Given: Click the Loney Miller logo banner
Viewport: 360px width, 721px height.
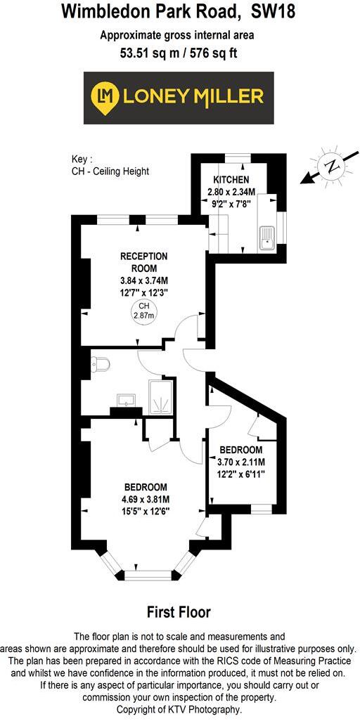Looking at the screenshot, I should [180, 98].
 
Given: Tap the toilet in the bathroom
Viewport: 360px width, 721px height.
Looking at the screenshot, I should [101, 365].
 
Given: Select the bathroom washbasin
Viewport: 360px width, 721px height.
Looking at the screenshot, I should [127, 401].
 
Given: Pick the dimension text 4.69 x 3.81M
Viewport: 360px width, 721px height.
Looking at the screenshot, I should [146, 500].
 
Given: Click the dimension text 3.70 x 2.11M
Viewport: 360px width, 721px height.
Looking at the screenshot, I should [240, 462].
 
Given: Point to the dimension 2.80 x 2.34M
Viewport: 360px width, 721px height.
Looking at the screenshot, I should [231, 192].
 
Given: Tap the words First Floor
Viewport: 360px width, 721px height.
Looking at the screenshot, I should [179, 612].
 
